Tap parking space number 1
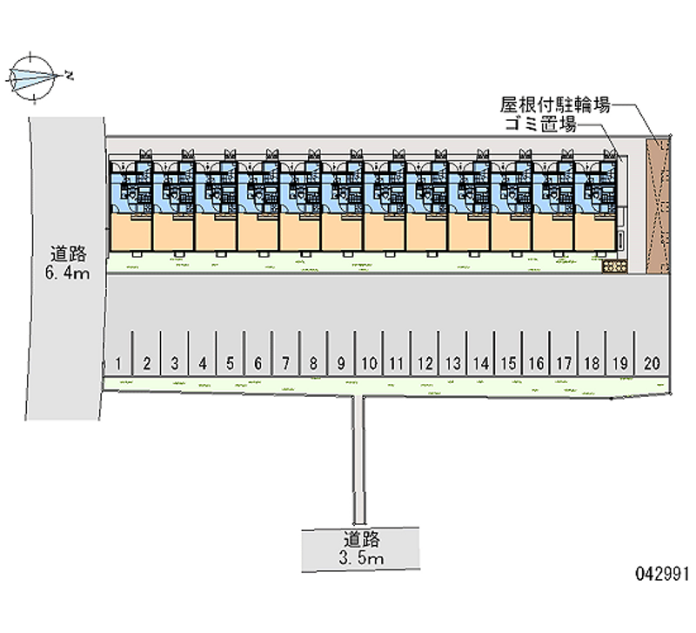pyautogui.click(x=117, y=363)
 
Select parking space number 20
pyautogui.click(x=652, y=363)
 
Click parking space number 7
pyautogui.click(x=285, y=363)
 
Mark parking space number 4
pyautogui.click(x=202, y=363)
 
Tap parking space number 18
pyautogui.click(x=592, y=363)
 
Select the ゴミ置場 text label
pyautogui.click(x=541, y=125)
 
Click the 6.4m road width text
pyautogui.click(x=67, y=274)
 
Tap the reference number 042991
pyautogui.click(x=662, y=574)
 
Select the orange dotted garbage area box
pyautogui.click(x=614, y=266)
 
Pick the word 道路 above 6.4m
pyautogui.click(x=68, y=255)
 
